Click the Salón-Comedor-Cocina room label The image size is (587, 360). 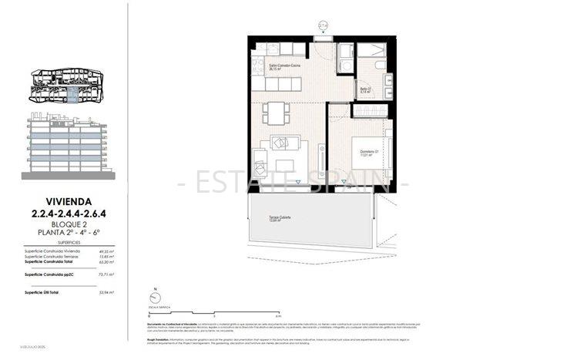(x=269, y=66)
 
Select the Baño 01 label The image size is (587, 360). (x=365, y=89)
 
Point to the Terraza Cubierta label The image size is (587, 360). (x=270, y=218)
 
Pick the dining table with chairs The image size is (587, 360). (x=274, y=113)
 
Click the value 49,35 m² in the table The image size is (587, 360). (x=106, y=251)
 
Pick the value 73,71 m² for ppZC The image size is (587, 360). (x=106, y=274)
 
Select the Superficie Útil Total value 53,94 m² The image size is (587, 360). (x=106, y=293)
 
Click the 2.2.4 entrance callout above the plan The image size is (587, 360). (x=324, y=25)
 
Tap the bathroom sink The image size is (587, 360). (x=387, y=80)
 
